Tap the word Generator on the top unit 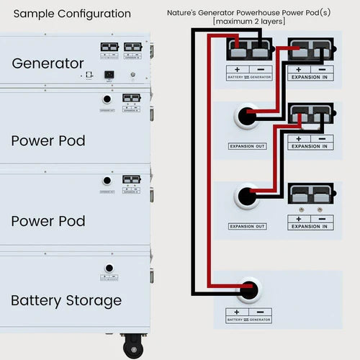(x=48, y=63)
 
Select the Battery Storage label (x=66, y=300)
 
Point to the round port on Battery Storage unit (x=109, y=269)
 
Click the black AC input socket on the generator (x=109, y=74)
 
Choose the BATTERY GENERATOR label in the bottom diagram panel (x=250, y=319)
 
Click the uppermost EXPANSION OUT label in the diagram (x=247, y=146)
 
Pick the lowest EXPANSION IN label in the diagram (x=310, y=226)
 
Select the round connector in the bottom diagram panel (x=249, y=289)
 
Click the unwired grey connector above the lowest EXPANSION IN (x=310, y=195)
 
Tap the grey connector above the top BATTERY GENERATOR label (x=249, y=50)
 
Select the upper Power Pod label (x=48, y=140)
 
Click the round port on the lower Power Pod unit (x=107, y=181)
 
